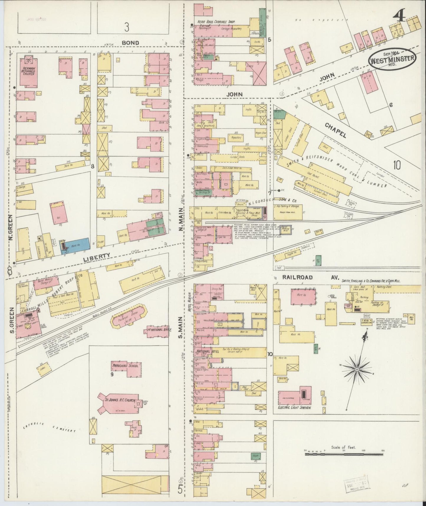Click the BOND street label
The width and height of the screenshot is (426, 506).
tap(130, 43)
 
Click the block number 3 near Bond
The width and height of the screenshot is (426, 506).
tap(126, 27)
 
